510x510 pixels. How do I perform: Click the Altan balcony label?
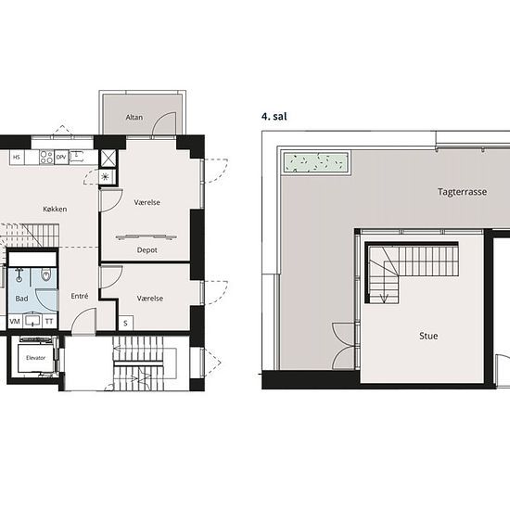point(134,117)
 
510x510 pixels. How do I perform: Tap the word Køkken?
point(55,209)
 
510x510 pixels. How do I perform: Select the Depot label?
point(147,250)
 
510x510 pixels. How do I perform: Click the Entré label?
point(80,296)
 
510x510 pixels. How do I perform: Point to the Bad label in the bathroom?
point(22,299)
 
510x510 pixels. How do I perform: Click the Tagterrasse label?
point(462,192)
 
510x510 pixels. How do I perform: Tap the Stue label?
point(428,336)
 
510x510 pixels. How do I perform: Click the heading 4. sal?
point(274,117)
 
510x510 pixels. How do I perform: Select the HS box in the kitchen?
point(17,157)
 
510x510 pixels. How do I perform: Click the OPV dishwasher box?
point(61,157)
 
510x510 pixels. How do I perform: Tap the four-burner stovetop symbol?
point(46,157)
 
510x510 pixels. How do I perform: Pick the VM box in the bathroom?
point(15,322)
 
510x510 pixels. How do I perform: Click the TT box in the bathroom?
point(49,322)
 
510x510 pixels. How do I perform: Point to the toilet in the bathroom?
point(46,275)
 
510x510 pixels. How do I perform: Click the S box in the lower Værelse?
point(126,323)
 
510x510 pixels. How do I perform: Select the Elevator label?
point(36,358)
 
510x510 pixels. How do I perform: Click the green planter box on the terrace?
point(316,162)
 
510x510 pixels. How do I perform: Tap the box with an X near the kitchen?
point(108,159)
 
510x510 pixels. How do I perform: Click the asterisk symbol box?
point(106,177)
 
